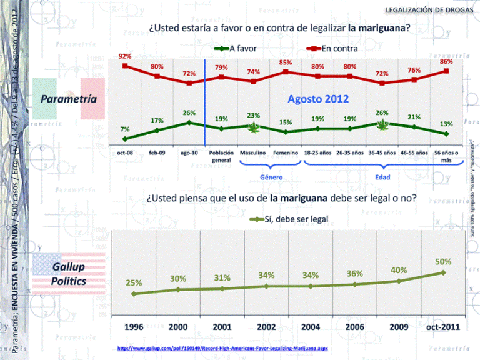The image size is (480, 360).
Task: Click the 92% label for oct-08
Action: click(x=125, y=56)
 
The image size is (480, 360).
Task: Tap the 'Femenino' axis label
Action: click(x=286, y=153)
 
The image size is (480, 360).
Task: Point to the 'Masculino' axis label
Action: click(x=253, y=153)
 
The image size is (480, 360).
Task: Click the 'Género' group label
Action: click(x=271, y=177)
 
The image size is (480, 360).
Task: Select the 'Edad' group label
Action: click(x=382, y=177)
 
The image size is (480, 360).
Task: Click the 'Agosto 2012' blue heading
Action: click(x=318, y=99)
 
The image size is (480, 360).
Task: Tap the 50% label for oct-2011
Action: click(x=443, y=261)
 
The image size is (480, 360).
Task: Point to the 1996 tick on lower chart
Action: click(x=133, y=327)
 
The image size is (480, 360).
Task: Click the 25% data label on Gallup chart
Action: click(x=133, y=282)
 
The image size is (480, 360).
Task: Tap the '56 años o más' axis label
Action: click(x=446, y=156)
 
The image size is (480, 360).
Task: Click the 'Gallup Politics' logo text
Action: click(x=69, y=274)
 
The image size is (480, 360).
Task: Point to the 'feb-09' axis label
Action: click(x=157, y=153)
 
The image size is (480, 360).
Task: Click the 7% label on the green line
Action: click(x=125, y=129)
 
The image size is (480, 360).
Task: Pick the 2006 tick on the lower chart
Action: click(x=355, y=327)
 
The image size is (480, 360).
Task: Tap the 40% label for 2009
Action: click(x=399, y=270)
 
